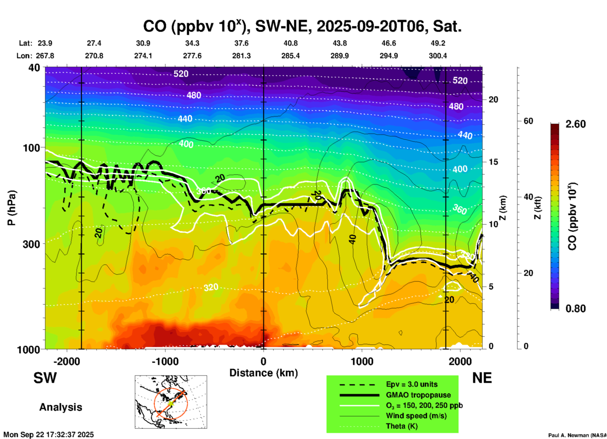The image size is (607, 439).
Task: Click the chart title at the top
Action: point(302,26)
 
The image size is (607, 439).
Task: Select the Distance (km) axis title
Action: point(263,373)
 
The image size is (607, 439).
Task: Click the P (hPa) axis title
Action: point(12,208)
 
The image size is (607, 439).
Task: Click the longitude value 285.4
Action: point(290,56)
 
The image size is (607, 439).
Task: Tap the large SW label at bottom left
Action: point(45,378)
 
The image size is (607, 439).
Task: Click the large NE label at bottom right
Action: point(482,378)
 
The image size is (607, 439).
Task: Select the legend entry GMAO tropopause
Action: point(418,395)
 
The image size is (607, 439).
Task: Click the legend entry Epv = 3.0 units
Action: point(412,384)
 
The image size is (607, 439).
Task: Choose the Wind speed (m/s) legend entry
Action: point(416,416)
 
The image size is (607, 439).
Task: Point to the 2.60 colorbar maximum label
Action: point(575,124)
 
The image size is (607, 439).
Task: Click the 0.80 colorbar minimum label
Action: point(575,308)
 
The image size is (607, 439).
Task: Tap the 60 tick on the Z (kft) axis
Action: point(528,121)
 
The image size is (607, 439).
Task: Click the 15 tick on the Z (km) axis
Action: point(493,162)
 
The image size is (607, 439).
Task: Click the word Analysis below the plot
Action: point(61,407)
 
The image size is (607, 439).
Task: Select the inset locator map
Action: point(171,402)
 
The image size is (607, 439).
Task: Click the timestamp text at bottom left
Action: point(49,435)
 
